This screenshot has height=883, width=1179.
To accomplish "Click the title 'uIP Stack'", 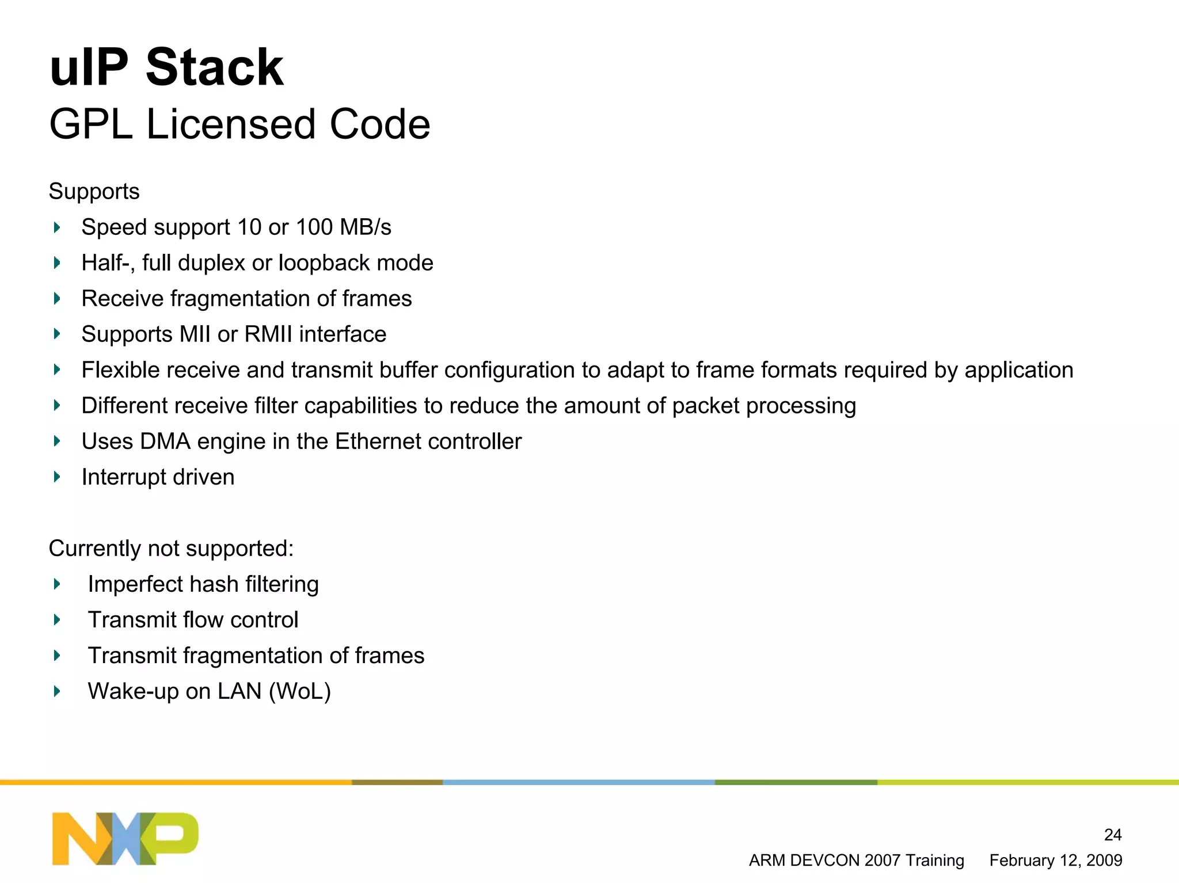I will (x=167, y=68).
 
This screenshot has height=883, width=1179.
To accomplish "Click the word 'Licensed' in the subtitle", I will (x=231, y=124).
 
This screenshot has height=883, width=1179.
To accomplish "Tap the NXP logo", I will (x=125, y=838).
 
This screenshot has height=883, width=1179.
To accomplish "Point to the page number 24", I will (x=1112, y=835).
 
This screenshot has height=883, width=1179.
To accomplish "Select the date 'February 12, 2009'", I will (x=1055, y=861).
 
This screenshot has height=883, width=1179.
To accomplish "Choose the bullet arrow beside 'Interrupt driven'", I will (x=57, y=477).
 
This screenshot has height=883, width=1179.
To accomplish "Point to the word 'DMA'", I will (x=165, y=441).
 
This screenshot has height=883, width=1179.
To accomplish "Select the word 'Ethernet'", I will (x=378, y=441).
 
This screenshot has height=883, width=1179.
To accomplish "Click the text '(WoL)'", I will (x=299, y=691).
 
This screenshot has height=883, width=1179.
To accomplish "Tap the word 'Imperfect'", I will (x=134, y=584).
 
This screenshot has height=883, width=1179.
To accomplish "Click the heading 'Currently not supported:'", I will (x=171, y=549).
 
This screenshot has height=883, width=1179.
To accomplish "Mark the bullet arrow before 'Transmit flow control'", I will (x=57, y=620).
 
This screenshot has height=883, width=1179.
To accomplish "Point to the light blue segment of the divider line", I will (x=579, y=782).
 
